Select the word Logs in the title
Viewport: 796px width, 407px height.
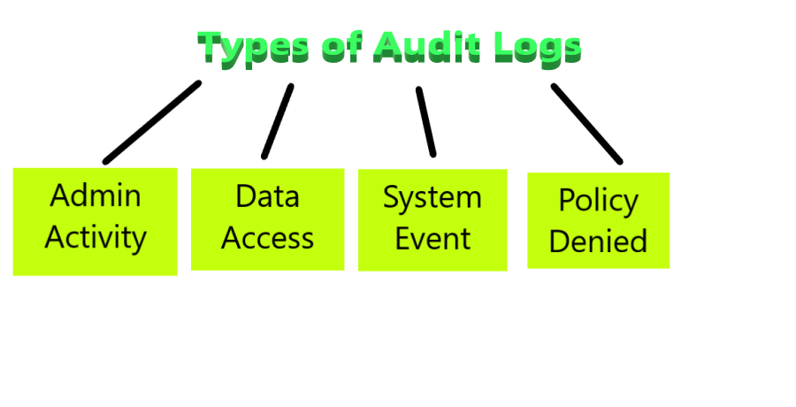click(x=537, y=48)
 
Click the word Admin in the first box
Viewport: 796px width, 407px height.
click(x=96, y=195)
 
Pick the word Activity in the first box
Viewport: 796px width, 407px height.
click(x=96, y=237)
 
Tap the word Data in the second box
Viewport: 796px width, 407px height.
click(x=267, y=195)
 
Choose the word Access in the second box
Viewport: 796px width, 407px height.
click(x=267, y=237)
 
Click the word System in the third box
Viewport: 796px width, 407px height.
click(x=432, y=197)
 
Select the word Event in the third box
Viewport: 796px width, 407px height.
click(x=432, y=239)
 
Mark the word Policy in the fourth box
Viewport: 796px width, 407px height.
click(x=598, y=201)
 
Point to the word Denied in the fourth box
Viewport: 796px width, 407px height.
click(x=598, y=241)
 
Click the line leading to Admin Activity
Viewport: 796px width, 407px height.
click(x=151, y=123)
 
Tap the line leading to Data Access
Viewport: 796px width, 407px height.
click(x=277, y=121)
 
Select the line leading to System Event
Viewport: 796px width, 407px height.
click(x=426, y=121)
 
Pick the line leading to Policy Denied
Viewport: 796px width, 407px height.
click(x=586, y=124)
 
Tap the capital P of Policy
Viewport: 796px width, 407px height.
click(x=566, y=200)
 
